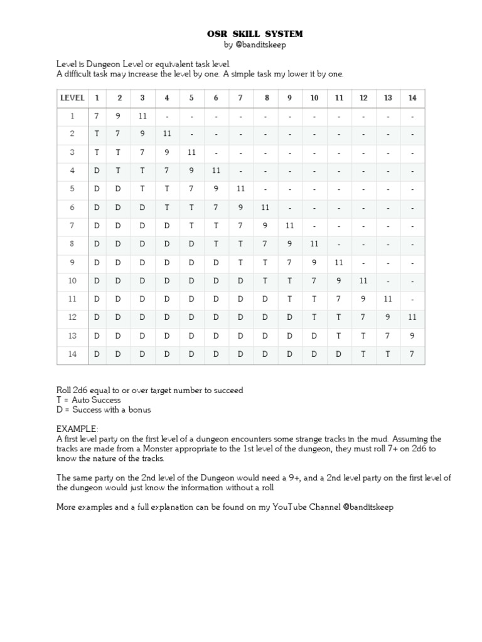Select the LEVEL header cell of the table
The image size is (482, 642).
click(72, 98)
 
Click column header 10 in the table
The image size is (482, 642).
click(314, 98)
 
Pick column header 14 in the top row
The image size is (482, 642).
click(412, 98)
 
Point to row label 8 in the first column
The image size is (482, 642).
click(72, 244)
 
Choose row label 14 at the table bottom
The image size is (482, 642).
click(72, 354)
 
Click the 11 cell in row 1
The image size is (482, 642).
click(142, 116)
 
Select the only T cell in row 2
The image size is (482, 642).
click(97, 134)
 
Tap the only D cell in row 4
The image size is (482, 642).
click(97, 171)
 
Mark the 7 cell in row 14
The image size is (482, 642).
click(412, 354)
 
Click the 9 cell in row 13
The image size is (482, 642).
click(412, 335)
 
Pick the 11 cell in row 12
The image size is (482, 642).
click(412, 317)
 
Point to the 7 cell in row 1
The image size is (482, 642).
click(97, 116)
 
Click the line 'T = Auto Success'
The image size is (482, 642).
click(88, 400)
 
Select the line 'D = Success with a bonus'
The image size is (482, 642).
click(104, 410)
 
